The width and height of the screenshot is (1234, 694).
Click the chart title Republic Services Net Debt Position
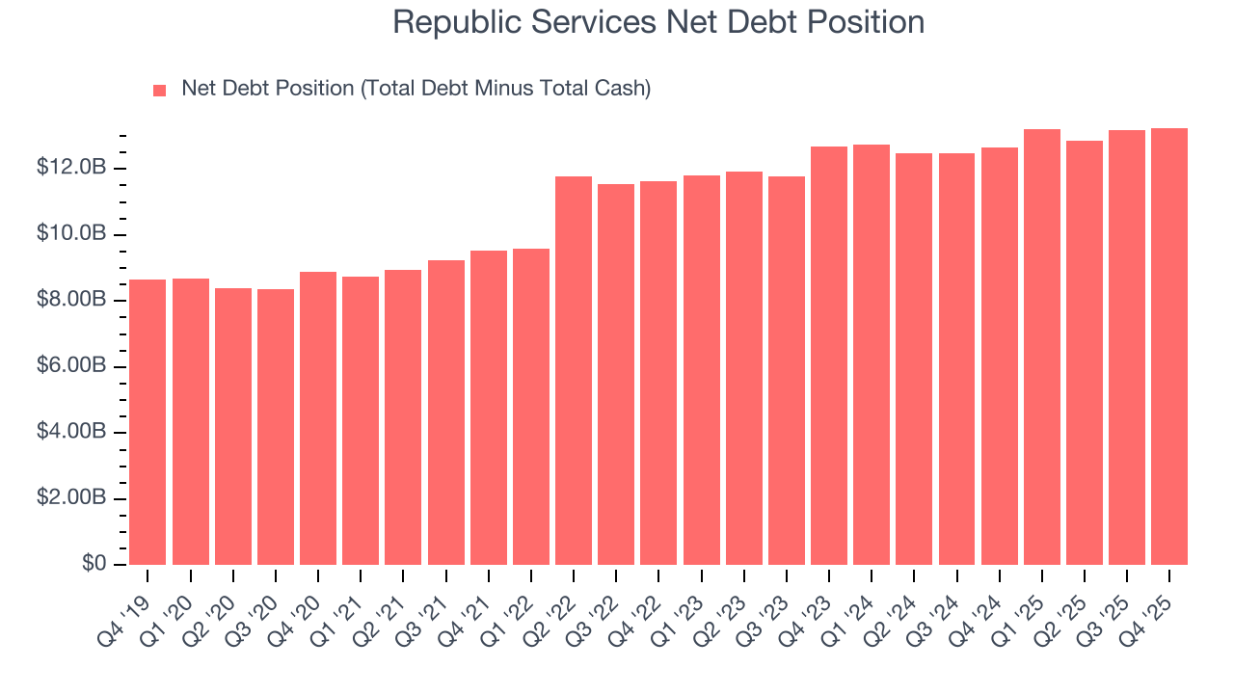(x=658, y=22)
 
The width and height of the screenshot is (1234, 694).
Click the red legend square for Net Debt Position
(x=160, y=90)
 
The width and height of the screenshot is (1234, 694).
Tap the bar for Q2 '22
(x=574, y=371)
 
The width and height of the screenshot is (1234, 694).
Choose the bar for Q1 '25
(x=1042, y=347)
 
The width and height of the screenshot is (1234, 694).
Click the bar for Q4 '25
(x=1169, y=347)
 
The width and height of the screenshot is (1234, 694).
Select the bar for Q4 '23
(x=829, y=356)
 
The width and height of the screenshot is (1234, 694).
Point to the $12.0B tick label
(x=71, y=169)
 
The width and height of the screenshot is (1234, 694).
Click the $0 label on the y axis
(x=94, y=564)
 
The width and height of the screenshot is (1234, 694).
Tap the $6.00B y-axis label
(x=71, y=366)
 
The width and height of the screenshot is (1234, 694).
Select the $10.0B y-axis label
(x=71, y=234)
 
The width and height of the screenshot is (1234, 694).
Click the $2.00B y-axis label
(x=71, y=498)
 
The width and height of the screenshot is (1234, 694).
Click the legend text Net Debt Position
(x=416, y=89)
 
